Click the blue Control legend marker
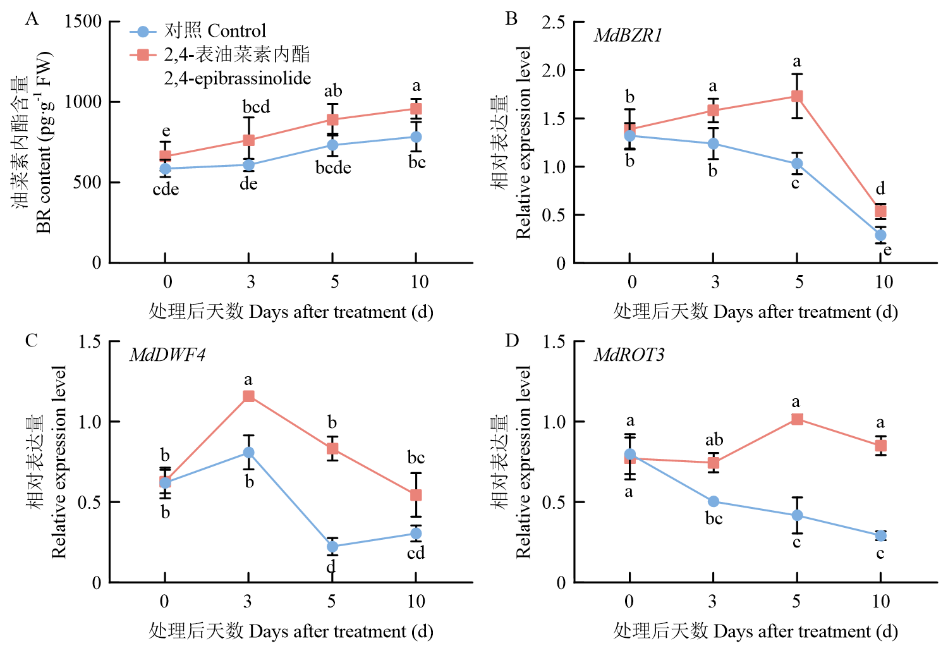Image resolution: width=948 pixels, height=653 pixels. click(x=143, y=31)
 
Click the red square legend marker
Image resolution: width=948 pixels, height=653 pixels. click(x=143, y=54)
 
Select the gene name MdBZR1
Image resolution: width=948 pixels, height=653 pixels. click(x=628, y=35)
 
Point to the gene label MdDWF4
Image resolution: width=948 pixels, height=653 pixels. click(x=167, y=355)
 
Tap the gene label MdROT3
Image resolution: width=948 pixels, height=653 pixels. click(x=629, y=355)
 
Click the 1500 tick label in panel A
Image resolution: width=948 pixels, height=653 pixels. click(x=83, y=21)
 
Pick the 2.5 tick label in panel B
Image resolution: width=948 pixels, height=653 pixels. click(x=553, y=22)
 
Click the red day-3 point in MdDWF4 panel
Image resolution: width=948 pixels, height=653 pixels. click(x=248, y=396)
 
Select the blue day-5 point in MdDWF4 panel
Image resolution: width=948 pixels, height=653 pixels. click(x=332, y=547)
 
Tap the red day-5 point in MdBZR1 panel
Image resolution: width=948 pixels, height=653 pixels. click(x=797, y=96)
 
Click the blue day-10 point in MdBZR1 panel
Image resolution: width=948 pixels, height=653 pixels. click(x=880, y=235)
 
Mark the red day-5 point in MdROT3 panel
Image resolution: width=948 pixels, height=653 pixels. click(x=797, y=419)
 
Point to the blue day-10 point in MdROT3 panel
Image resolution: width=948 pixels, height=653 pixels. click(x=880, y=535)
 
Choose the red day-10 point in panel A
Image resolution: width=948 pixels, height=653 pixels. click(x=416, y=109)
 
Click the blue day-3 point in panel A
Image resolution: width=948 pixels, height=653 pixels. click(x=248, y=165)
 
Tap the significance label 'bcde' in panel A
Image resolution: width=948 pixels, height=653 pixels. click(x=333, y=168)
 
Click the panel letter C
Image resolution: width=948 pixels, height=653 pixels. click(x=32, y=341)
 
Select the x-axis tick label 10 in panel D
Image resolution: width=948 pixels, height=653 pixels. click(x=881, y=601)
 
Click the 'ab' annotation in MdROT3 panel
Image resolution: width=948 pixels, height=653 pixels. click(x=714, y=439)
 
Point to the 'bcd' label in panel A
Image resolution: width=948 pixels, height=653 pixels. click(x=256, y=107)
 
